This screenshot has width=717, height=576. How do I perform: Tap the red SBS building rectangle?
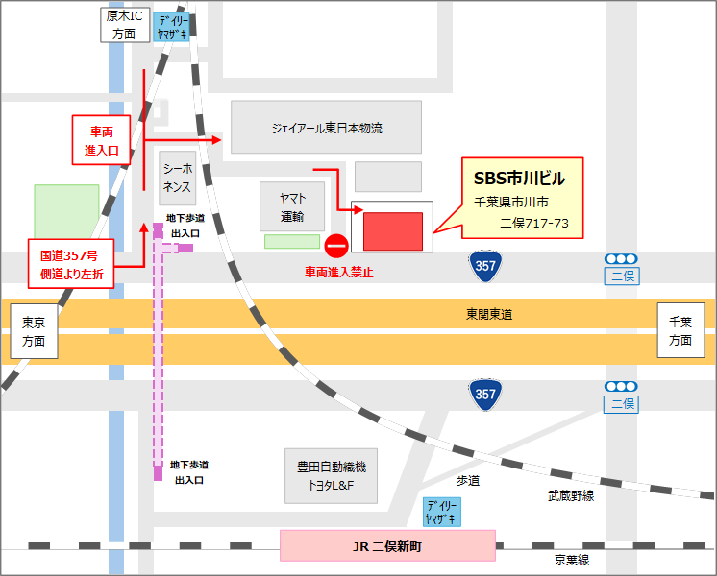pyautogui.click(x=393, y=231)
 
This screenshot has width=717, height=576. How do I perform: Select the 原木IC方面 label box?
pyautogui.click(x=125, y=25)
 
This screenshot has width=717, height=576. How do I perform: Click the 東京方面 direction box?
pyautogui.click(x=34, y=331)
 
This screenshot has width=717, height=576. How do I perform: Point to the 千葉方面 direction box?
pyautogui.click(x=680, y=330)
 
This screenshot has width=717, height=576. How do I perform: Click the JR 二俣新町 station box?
pyautogui.click(x=387, y=546)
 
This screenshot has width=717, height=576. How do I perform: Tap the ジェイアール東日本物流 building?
pyautogui.click(x=326, y=128)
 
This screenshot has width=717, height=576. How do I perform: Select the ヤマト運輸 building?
pyautogui.click(x=292, y=206)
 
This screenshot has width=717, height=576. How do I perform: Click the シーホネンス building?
pyautogui.click(x=177, y=177)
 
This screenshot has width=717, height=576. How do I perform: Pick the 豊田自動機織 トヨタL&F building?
pyautogui.click(x=331, y=476)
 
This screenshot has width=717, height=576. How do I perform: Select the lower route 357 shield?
pyautogui.click(x=484, y=394)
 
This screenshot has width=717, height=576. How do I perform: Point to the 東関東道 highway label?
pyautogui.click(x=489, y=315)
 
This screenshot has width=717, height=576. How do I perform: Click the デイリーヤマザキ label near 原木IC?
pyautogui.click(x=172, y=27)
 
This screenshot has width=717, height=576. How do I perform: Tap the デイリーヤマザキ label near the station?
pyautogui.click(x=442, y=511)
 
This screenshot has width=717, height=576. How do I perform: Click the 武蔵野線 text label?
pyautogui.click(x=571, y=495)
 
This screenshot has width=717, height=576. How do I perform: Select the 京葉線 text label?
pyautogui.click(x=571, y=560)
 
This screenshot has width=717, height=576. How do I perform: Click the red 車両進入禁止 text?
pyautogui.click(x=338, y=273)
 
